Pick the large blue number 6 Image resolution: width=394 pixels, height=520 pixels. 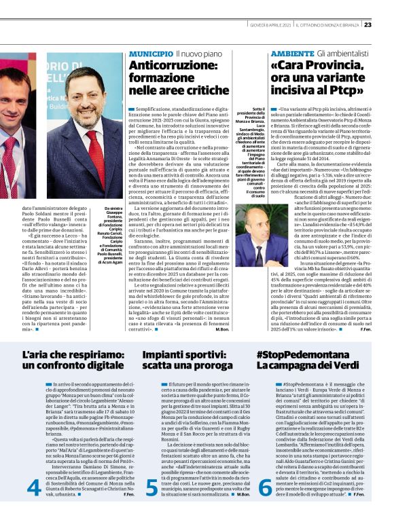click(x=266, y=486)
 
